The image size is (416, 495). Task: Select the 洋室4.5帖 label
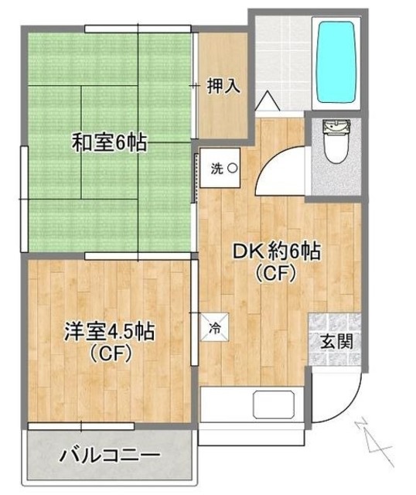109,333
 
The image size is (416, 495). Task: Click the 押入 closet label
223,86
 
